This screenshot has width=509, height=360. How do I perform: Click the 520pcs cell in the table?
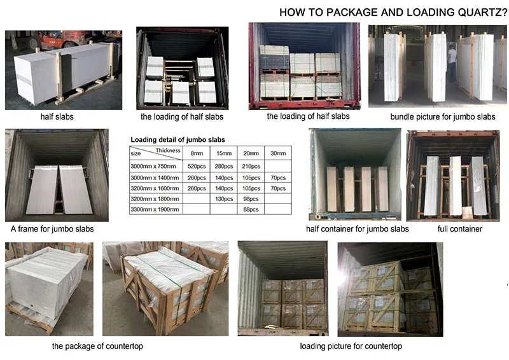193,165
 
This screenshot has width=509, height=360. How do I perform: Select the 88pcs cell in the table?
251,209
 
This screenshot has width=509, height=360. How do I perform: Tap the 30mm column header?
277,153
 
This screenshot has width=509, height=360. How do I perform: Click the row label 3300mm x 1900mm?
155,209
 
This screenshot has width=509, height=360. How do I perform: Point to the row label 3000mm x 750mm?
153,165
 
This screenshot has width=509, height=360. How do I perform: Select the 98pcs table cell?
251,198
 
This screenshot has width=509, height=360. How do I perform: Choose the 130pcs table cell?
223,198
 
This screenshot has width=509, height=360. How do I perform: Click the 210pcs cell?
251,165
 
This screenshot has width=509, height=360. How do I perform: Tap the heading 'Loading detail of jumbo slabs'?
178,139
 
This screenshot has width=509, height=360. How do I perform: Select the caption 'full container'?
460,228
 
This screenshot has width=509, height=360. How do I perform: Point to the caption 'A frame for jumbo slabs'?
52,228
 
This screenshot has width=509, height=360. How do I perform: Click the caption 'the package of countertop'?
97,346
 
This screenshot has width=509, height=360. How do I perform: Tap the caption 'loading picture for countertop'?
351,346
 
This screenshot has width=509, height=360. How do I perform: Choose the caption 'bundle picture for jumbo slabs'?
442,117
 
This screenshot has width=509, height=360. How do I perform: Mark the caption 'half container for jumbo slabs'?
357,228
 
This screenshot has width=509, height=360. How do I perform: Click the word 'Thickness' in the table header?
169,151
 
